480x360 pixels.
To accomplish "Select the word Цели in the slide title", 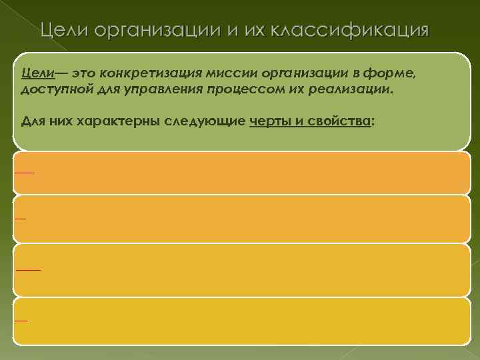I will tap(64, 31).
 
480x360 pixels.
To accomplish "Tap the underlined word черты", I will tap(269, 121).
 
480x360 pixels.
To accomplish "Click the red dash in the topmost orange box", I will tap(25, 173).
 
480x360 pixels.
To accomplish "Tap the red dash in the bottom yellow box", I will tap(21, 321).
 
